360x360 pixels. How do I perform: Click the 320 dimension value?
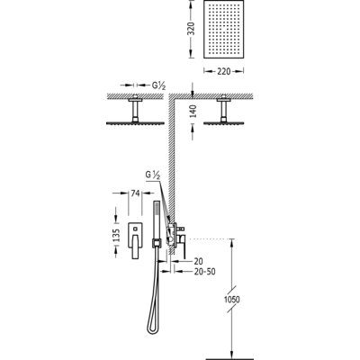(x=191, y=29)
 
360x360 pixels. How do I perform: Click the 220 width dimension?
(x=224, y=71)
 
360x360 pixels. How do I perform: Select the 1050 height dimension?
(x=232, y=300)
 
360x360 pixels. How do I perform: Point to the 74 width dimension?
(x=135, y=193)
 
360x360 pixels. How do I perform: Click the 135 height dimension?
(x=116, y=236)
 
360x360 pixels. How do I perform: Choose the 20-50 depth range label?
(x=205, y=272)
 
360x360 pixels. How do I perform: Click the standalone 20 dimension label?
(x=199, y=261)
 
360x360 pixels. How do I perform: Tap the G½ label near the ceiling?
(x=158, y=85)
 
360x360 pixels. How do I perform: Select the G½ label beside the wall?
(x=152, y=175)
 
